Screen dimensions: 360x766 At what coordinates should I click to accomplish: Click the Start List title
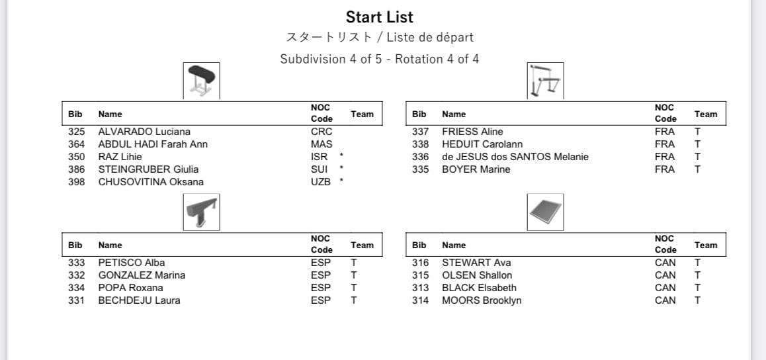(379, 17)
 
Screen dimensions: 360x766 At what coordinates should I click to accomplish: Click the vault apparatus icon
(201, 81)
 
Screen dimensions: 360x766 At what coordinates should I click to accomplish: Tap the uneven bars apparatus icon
(545, 81)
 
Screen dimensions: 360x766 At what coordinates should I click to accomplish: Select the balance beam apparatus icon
(201, 212)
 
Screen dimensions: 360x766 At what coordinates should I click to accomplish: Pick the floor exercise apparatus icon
(545, 212)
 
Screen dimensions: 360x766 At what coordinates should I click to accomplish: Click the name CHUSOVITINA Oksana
(151, 182)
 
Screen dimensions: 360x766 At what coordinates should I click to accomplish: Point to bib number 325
(77, 132)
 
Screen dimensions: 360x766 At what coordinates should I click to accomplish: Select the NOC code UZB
(321, 182)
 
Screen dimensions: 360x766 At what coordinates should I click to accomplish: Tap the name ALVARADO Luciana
(144, 132)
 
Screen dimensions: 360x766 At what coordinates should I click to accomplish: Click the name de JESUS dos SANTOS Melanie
(515, 157)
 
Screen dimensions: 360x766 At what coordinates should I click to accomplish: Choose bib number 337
(420, 132)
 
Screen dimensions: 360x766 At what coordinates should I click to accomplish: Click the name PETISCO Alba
(132, 263)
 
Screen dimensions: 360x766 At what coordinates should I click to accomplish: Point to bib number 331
(77, 300)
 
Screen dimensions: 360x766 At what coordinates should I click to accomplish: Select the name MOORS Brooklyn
(482, 300)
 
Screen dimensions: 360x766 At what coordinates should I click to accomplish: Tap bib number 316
(420, 263)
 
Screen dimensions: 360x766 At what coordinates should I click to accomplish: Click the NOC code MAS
(321, 144)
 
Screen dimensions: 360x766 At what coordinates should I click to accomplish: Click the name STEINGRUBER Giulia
(148, 169)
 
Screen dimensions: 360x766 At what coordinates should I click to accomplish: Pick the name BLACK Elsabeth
(479, 288)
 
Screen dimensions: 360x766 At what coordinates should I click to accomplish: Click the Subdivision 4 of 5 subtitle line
(379, 59)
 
